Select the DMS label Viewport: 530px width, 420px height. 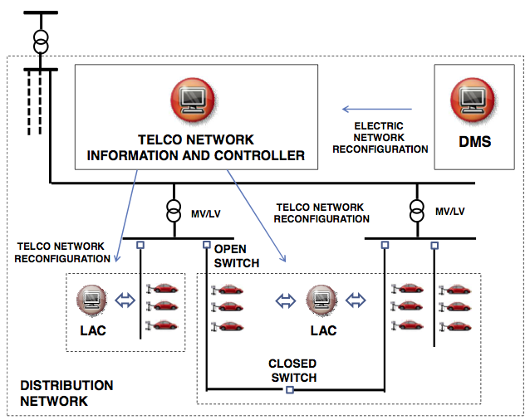tap(475, 142)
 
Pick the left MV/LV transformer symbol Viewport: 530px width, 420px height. tap(174, 209)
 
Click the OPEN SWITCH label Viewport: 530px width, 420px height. tap(237, 256)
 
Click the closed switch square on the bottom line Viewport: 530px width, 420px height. tap(289, 389)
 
